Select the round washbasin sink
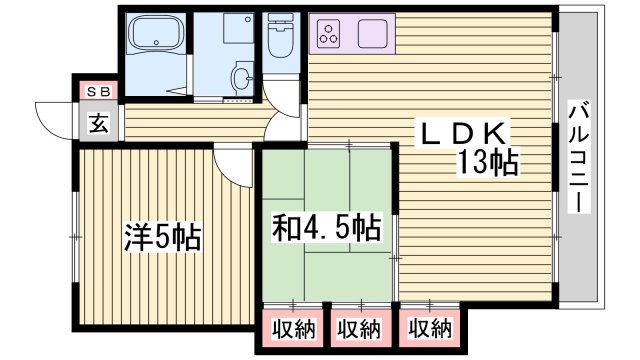point(240,75)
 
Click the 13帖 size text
point(488,162)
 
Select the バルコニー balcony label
point(577,156)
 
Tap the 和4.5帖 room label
point(324,229)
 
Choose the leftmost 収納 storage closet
point(291,328)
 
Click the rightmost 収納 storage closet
point(428,328)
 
